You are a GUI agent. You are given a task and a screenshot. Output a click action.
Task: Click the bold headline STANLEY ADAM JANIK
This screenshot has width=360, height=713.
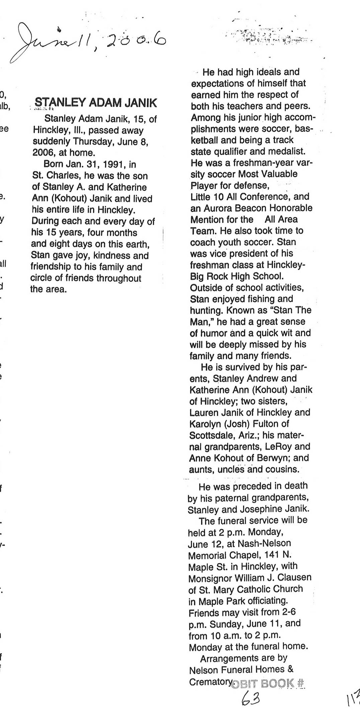pos(96,103)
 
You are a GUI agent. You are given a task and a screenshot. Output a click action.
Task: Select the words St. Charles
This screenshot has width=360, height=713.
pos(52,176)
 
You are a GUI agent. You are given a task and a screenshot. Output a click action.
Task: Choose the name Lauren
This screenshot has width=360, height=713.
pos(204,412)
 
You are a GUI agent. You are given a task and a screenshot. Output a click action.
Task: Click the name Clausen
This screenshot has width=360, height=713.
pos(294,577)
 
